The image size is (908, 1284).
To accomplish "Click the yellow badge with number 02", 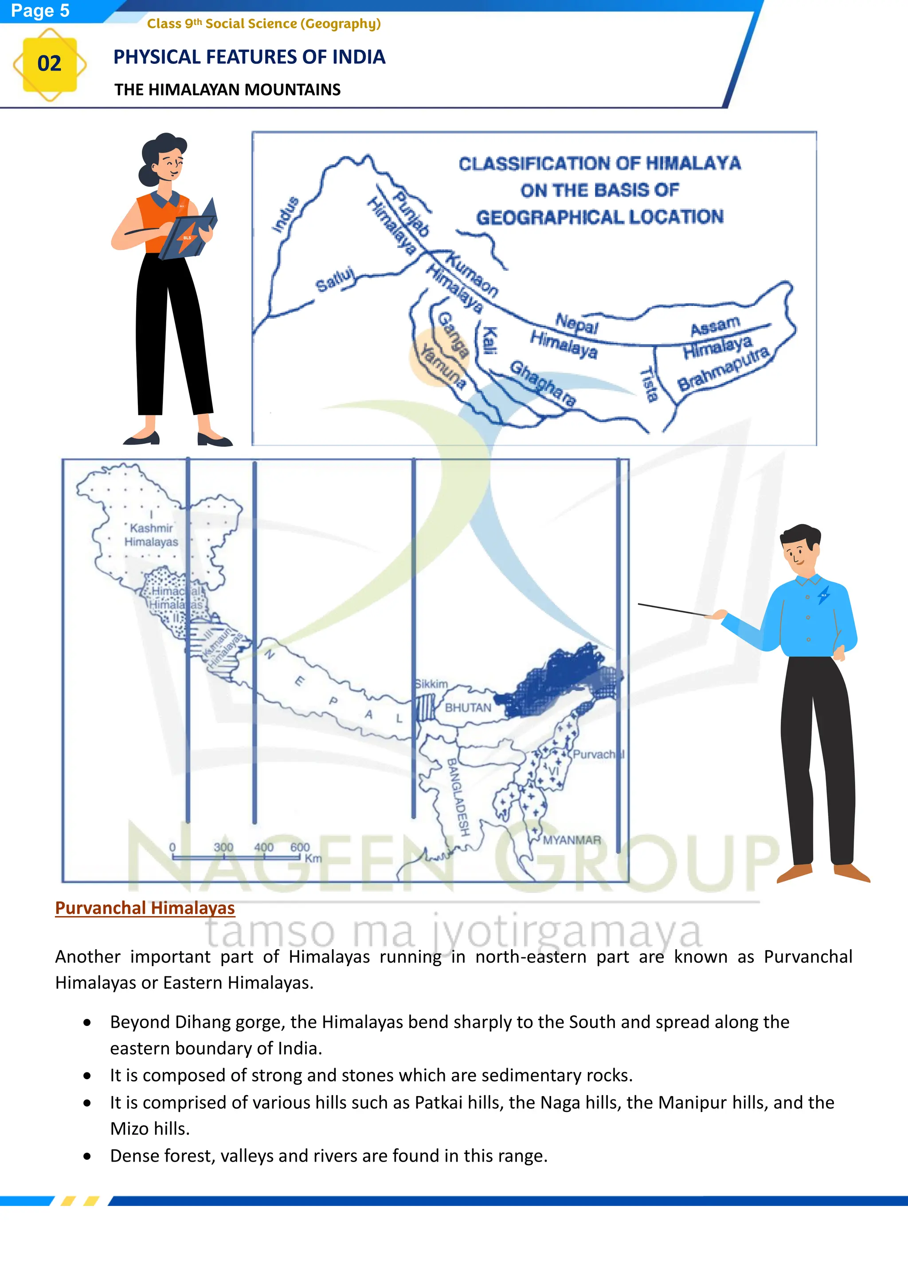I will point(49,64).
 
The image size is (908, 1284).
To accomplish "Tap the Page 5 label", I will point(40,10).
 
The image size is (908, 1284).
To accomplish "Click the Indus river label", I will point(285,214).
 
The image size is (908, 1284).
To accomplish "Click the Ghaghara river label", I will point(542,384).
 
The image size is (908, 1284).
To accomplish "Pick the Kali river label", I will point(490,341).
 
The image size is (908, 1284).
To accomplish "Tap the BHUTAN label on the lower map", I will point(468,708).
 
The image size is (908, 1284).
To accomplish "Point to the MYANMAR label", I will point(571,840).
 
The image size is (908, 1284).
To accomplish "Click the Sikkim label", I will point(431,684).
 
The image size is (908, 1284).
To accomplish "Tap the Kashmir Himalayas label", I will point(151,535).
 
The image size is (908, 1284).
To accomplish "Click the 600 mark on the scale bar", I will point(300,847).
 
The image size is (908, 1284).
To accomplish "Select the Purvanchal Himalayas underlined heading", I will point(145,908).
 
